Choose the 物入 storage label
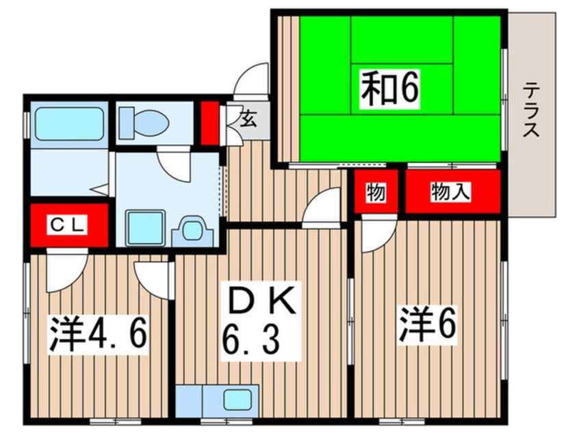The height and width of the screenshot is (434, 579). pos(450,192)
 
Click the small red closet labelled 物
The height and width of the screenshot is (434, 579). pos(375,192)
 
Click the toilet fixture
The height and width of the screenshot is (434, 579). pos(144,124)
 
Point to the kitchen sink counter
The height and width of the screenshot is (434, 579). pos(218,399)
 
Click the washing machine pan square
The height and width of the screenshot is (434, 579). pos(143,226)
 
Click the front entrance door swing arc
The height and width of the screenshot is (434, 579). pos(252,79)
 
